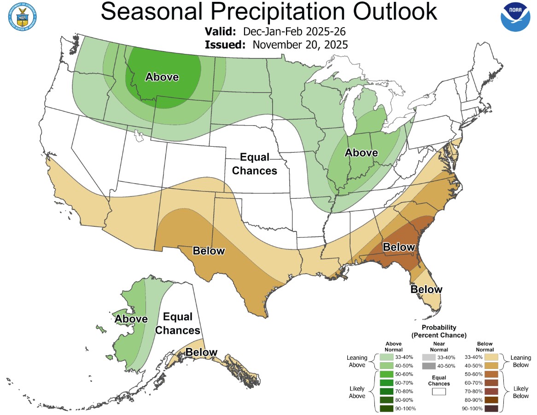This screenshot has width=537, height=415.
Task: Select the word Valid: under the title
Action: point(221,32)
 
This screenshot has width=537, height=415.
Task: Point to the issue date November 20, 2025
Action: point(300,45)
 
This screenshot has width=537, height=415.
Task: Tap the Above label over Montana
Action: point(162,77)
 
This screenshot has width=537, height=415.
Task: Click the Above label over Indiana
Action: point(362,152)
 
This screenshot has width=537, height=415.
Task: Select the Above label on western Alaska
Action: point(131,319)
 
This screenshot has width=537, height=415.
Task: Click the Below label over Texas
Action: point(209,251)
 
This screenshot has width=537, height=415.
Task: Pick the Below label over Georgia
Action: point(399,247)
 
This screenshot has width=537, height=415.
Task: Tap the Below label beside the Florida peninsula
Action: point(426,289)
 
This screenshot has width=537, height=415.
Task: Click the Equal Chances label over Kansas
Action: point(254,164)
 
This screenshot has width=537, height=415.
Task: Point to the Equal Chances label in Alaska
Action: point(181,323)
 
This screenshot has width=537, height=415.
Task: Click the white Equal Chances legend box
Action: point(438,392)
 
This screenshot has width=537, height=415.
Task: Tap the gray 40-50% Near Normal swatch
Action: point(428,366)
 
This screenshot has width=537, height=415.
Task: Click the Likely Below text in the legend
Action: point(520,392)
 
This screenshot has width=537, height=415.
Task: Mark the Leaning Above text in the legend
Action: point(357,361)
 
